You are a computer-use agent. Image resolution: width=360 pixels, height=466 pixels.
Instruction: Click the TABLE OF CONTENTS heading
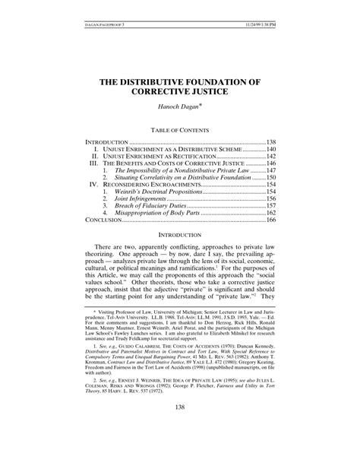click(x=180, y=130)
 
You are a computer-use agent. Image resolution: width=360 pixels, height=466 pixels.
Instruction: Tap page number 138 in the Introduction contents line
click(x=270, y=142)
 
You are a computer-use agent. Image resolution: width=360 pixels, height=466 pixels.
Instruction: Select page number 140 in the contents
click(x=270, y=150)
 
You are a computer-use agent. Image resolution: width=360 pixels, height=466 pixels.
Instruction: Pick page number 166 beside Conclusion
click(x=270, y=220)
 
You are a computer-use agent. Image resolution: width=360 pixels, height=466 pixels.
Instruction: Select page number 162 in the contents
click(x=270, y=213)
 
